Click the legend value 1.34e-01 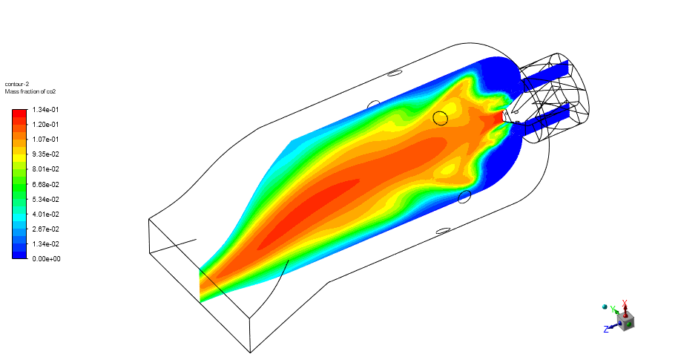[45, 110]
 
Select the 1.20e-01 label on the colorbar [45, 125]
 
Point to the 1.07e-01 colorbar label [45, 140]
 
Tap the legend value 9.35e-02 [45, 154]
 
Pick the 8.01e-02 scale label [45, 169]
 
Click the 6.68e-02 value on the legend [45, 184]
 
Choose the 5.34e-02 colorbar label [45, 200]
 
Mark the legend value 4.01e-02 [45, 215]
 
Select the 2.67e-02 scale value [45, 229]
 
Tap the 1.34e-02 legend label [45, 244]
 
